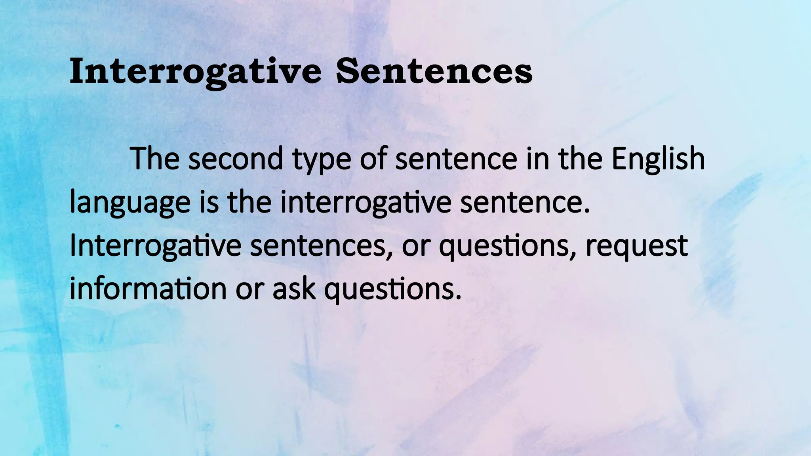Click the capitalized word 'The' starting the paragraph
tap(155, 158)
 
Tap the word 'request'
tap(636, 247)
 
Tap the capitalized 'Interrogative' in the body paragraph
tap(155, 246)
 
